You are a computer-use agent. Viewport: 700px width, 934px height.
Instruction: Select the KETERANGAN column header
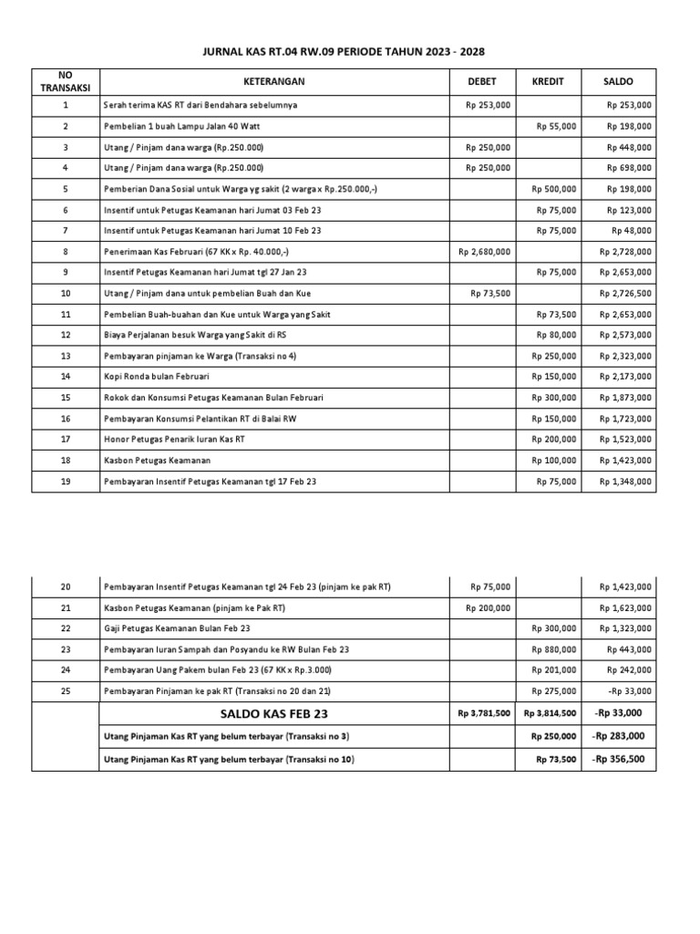tap(274, 82)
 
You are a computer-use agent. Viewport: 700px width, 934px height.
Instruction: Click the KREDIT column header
tap(548, 82)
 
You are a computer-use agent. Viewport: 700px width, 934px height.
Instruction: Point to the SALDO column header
tap(618, 82)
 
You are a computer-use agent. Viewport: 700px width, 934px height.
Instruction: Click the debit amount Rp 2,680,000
tap(485, 252)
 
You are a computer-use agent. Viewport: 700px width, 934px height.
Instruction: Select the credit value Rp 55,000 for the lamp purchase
tap(556, 127)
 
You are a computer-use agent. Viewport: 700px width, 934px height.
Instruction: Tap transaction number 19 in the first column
tap(65, 481)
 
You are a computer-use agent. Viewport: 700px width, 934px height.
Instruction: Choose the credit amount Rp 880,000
tap(556, 649)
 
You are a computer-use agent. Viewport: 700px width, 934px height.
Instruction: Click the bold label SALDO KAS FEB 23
tap(273, 713)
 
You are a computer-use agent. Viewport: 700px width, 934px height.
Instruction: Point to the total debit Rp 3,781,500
tap(484, 714)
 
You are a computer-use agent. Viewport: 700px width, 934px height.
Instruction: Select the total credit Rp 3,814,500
tap(550, 714)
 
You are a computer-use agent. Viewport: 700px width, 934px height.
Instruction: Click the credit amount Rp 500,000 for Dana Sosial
tap(554, 189)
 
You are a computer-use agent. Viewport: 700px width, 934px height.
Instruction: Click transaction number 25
tap(65, 691)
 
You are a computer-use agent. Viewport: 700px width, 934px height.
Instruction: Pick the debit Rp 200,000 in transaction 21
tap(489, 607)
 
